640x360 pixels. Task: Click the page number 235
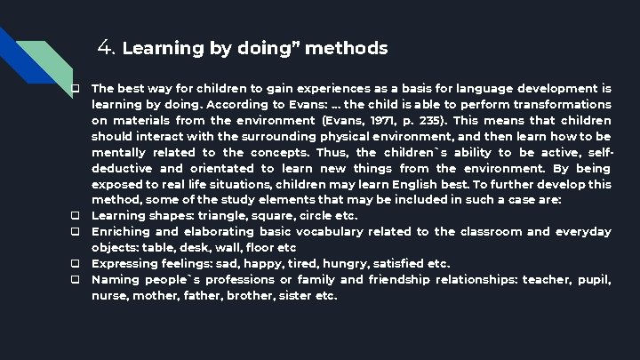422,120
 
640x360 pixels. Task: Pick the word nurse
110,296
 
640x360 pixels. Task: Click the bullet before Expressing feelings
77,264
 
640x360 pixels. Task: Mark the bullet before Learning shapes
77,216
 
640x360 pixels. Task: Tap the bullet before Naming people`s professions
77,280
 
